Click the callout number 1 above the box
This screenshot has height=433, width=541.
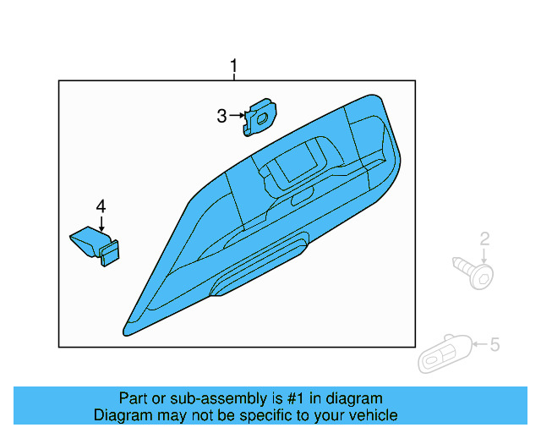[234, 66]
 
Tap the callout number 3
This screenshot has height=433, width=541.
[221, 116]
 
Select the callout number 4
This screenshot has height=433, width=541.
[101, 206]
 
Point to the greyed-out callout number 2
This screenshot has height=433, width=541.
[485, 239]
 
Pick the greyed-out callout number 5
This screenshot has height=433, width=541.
[495, 344]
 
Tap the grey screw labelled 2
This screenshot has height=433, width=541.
[475, 272]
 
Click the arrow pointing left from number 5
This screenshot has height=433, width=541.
[479, 344]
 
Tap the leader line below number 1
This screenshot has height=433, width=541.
[234, 77]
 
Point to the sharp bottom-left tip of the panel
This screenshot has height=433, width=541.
[128, 332]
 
